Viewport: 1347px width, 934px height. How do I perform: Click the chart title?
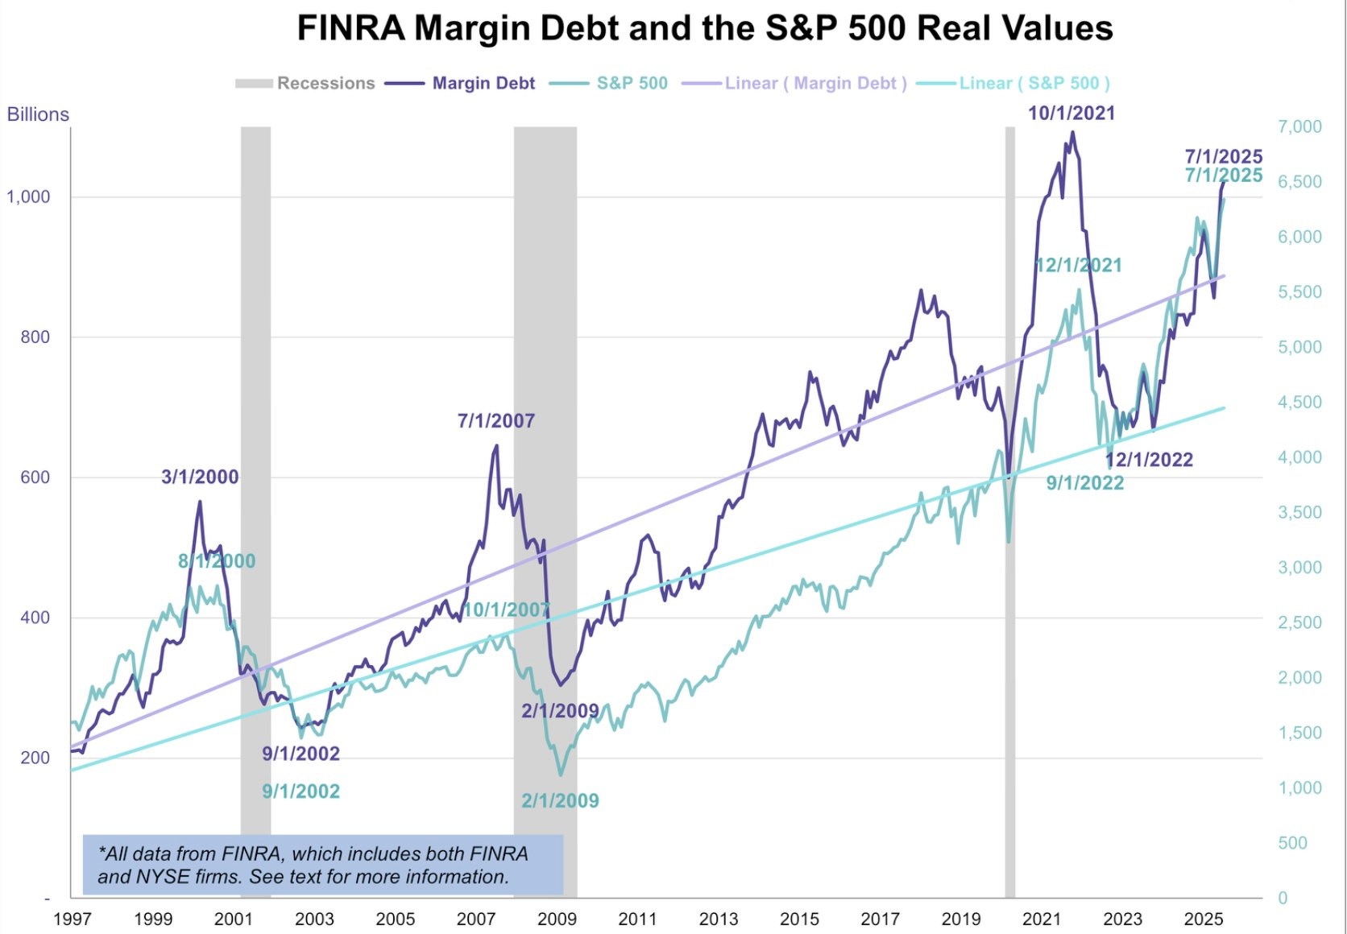(705, 28)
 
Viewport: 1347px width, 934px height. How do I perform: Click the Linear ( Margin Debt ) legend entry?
(815, 83)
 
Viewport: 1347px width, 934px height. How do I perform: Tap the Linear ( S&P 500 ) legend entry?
(1034, 83)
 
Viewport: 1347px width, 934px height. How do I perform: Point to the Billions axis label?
(38, 114)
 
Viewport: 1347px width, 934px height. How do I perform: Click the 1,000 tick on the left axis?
(28, 196)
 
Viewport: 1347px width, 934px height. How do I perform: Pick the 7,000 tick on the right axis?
(1299, 126)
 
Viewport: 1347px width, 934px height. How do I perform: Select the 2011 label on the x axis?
(637, 919)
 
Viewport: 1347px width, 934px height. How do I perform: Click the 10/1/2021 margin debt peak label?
(1071, 114)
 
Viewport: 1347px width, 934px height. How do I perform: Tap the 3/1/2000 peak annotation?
(200, 477)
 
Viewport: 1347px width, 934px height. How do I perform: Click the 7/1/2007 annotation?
(496, 420)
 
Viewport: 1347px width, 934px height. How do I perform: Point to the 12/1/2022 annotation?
(1149, 460)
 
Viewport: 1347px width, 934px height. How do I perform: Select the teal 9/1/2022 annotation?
(1084, 483)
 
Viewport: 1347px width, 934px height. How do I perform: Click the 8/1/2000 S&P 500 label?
(217, 561)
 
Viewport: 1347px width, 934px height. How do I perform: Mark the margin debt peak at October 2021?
(1072, 133)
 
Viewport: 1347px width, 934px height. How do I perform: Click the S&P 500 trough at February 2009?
(561, 775)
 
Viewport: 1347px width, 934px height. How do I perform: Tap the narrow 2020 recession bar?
(1009, 483)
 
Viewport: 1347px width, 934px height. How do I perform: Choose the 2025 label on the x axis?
(1204, 919)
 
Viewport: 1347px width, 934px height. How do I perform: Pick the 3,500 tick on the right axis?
(1299, 512)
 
